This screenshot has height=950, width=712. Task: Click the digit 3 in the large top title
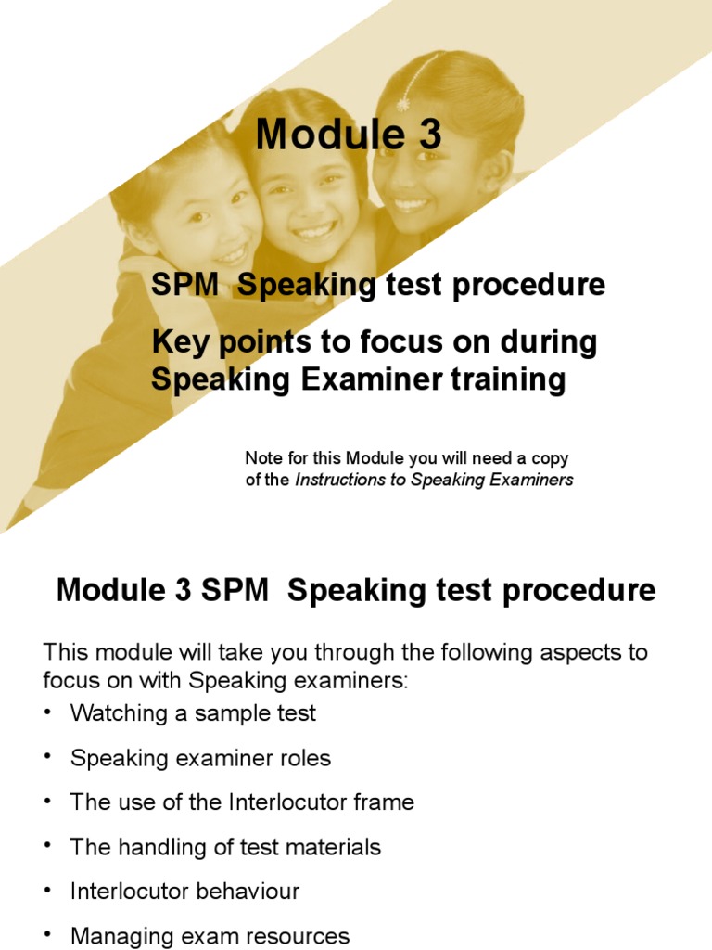(423, 136)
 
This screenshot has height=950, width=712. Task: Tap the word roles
(303, 758)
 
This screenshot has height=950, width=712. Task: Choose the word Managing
(115, 936)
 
